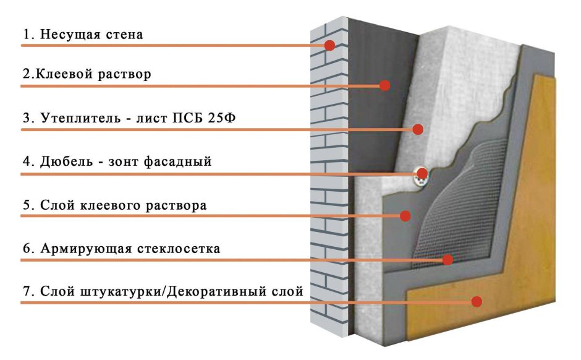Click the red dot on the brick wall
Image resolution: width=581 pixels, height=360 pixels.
point(329,45)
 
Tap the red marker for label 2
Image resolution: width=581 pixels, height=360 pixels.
point(384,85)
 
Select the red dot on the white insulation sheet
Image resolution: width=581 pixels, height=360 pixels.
point(418,129)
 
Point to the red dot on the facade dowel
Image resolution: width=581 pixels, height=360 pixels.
point(422,173)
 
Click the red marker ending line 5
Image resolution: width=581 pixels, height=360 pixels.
point(405,216)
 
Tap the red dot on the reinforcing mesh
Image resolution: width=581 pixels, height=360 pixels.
point(448,260)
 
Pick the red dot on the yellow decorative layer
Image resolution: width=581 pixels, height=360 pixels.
point(477,301)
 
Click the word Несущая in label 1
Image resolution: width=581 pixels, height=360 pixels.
point(70,35)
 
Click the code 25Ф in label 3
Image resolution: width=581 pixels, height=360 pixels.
point(221,118)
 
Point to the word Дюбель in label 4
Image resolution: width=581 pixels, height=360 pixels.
point(66,161)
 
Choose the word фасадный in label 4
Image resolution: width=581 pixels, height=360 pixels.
point(177,162)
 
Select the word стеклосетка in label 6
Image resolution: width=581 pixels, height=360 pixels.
point(179,249)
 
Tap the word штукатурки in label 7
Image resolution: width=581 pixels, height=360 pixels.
point(120,292)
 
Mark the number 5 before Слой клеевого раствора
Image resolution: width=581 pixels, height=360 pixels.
point(27,205)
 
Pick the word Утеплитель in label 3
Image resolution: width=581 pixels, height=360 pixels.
point(81,118)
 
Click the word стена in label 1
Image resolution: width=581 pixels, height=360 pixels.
point(124,35)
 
